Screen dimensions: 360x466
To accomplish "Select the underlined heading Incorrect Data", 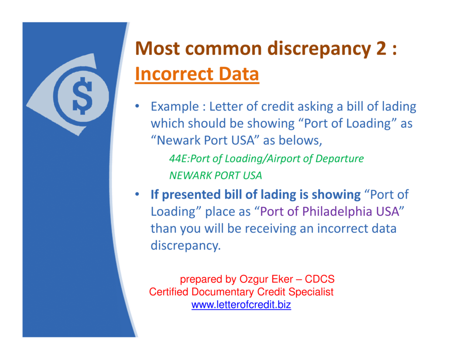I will coord(197,74).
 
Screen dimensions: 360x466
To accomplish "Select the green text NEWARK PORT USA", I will coord(216,176).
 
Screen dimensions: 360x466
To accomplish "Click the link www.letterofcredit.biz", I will coord(241,305).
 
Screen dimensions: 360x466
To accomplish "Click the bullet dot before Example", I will coord(137,106).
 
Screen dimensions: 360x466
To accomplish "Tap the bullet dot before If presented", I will coord(137,194).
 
